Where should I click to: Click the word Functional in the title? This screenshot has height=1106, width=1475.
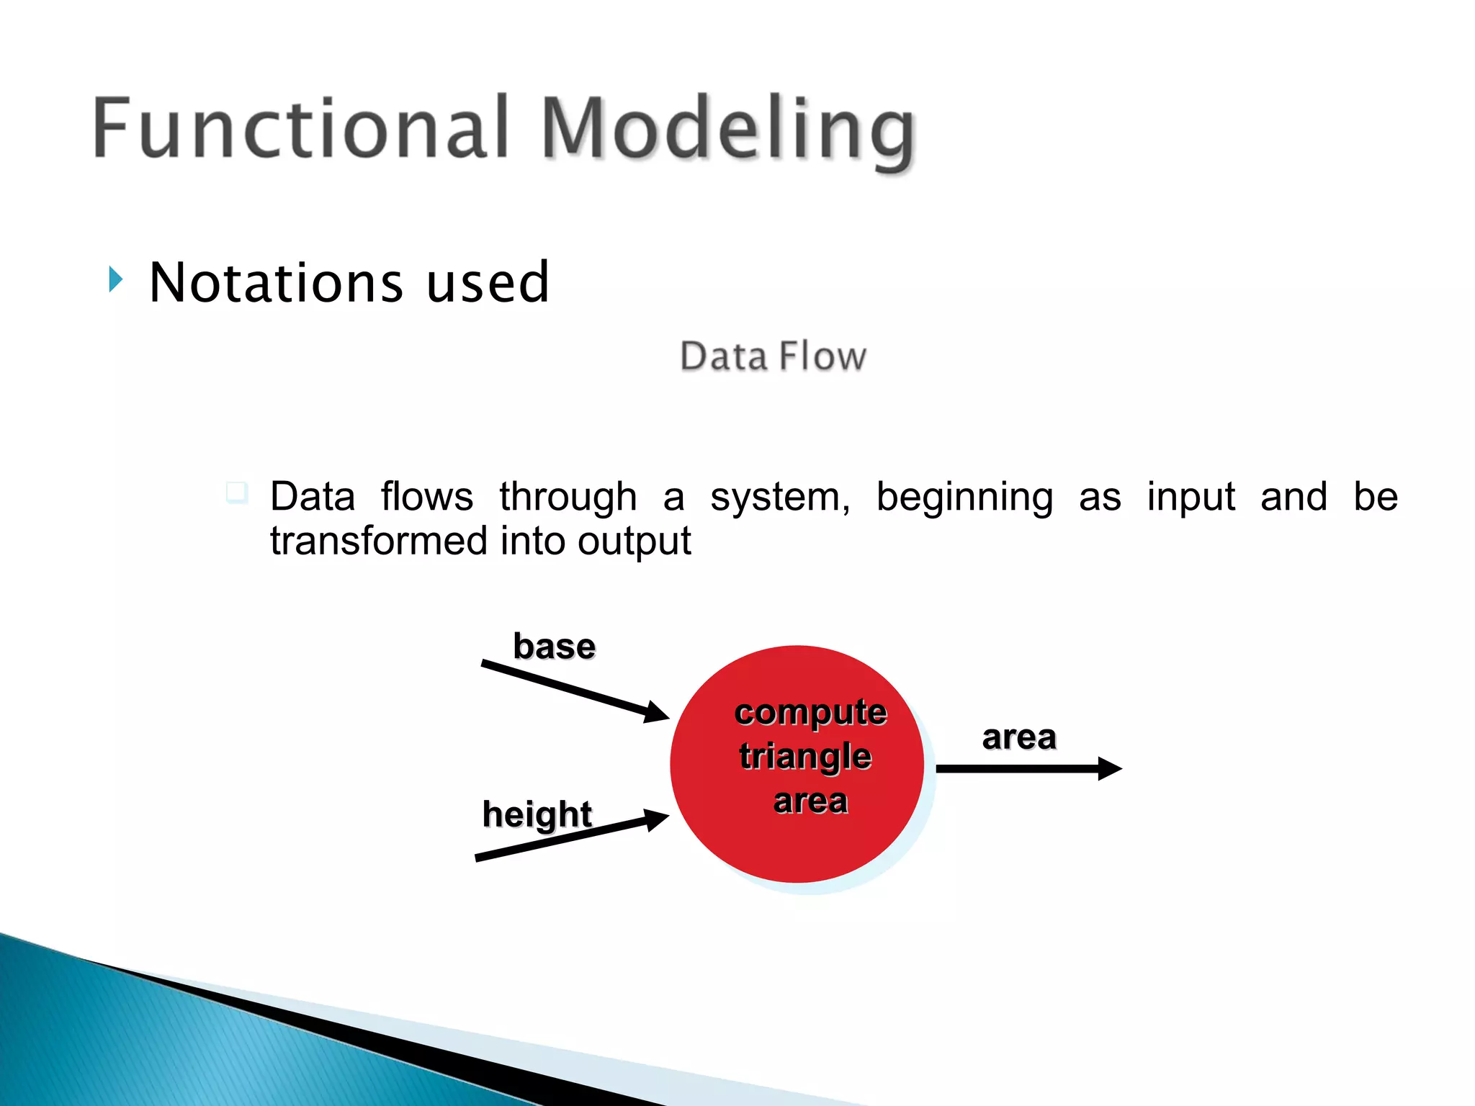point(302,127)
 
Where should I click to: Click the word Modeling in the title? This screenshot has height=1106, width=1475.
point(728,134)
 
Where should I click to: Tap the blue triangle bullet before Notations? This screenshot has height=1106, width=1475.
point(116,279)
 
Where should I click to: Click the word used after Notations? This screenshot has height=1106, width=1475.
point(488,282)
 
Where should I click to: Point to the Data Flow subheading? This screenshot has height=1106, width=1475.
point(773,356)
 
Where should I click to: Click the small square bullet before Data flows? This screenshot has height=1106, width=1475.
point(236,493)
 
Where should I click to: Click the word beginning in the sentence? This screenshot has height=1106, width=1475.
point(964,498)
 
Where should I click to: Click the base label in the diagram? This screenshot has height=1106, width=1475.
point(554,646)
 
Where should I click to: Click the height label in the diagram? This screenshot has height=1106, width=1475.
point(537,815)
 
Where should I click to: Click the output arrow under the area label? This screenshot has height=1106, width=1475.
point(1029,769)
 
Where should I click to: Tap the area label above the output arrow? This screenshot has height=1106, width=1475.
point(1019,737)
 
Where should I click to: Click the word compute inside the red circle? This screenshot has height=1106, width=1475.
point(810,714)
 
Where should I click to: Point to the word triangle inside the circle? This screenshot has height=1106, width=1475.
point(805,757)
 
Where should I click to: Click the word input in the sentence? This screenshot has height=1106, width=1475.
point(1191,498)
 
